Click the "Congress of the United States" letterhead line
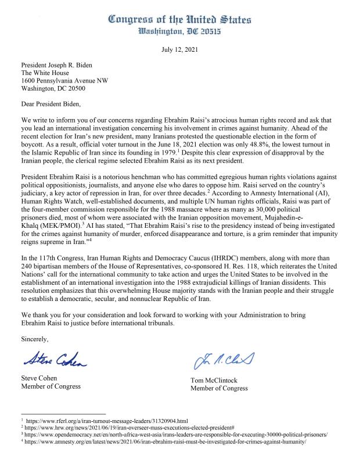(x=179, y=20)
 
